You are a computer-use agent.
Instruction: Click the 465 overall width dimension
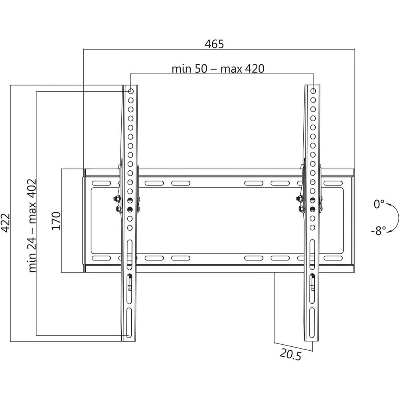point(214,44)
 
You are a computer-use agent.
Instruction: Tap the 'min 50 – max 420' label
point(218,69)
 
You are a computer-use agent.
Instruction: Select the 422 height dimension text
point(5,223)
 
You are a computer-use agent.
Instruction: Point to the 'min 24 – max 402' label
point(32,226)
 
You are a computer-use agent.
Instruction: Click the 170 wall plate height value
point(56,221)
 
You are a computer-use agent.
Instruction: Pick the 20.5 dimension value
point(290,354)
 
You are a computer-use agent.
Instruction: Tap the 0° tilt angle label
point(379,204)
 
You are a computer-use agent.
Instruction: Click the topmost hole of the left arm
point(130,91)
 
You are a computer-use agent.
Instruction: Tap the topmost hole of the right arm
point(313,91)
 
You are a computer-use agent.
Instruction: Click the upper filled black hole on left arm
point(130,200)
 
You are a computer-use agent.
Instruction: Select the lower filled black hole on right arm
point(312,209)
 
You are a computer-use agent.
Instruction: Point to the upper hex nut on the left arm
point(118,198)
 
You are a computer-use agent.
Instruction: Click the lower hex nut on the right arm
point(301,209)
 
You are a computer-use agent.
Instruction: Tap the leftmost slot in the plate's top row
point(101,183)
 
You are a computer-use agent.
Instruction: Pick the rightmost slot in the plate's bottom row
point(333,258)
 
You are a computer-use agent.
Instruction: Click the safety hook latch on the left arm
point(130,283)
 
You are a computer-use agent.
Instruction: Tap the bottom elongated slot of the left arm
point(129,323)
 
